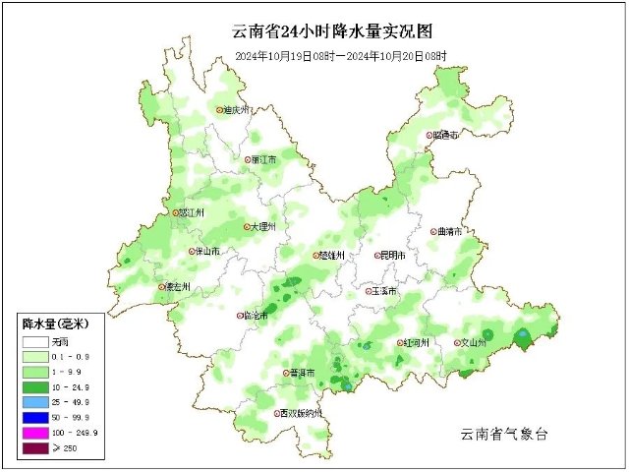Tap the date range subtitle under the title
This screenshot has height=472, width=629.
tap(340, 56)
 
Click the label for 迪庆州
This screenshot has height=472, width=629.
tap(239, 111)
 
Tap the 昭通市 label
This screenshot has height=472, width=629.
tap(446, 136)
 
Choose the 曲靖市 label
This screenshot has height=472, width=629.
tap(450, 232)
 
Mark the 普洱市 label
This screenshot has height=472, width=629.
tap(302, 374)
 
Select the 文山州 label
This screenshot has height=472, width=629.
tap(474, 343)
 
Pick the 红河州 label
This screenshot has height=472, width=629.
tap(417, 343)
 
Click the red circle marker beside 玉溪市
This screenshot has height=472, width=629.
tap(370, 291)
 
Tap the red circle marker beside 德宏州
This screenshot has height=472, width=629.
tap(163, 288)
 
